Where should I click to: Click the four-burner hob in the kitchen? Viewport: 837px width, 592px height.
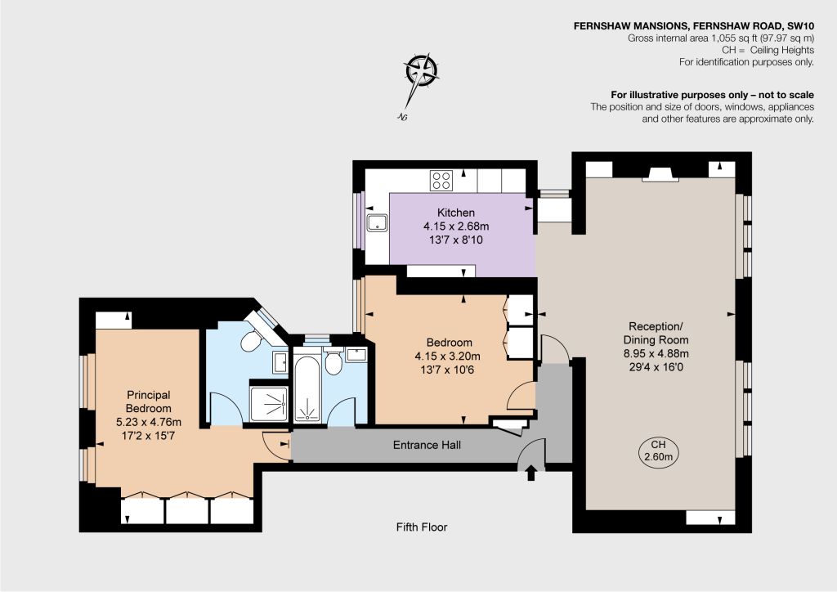(441, 180)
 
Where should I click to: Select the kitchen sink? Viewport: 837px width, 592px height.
(378, 222)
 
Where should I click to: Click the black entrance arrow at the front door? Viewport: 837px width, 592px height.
(531, 473)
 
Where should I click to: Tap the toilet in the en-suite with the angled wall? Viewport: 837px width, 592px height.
(250, 340)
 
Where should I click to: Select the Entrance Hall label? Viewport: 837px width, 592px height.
(427, 445)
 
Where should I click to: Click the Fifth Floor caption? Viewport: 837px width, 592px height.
(422, 527)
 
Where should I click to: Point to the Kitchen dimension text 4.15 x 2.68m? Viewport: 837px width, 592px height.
(456, 226)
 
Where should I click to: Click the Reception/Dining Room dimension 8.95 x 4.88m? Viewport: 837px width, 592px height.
(656, 353)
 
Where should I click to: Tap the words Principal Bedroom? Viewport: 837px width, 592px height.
(149, 401)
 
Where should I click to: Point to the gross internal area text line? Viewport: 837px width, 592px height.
(721, 38)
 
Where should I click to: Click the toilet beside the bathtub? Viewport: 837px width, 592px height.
(333, 362)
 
